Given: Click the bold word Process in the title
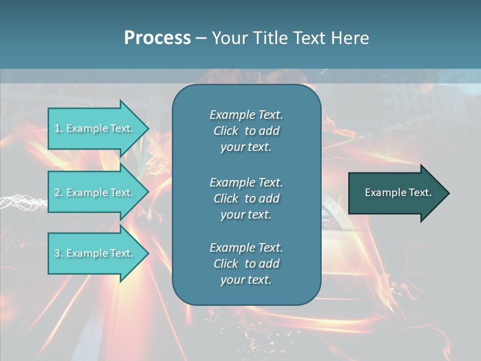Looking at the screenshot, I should click(x=157, y=38).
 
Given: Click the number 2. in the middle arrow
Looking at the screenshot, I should click(x=58, y=193).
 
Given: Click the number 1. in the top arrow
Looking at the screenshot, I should click(x=58, y=128).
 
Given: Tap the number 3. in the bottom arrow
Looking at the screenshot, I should click(x=58, y=253).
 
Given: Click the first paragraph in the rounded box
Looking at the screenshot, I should click(x=246, y=131).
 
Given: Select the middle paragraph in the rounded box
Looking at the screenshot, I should click(x=246, y=199).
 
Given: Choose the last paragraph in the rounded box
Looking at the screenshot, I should click(x=246, y=264).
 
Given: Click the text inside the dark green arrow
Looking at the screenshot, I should click(x=398, y=193).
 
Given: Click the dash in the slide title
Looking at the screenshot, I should click(x=201, y=38).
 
